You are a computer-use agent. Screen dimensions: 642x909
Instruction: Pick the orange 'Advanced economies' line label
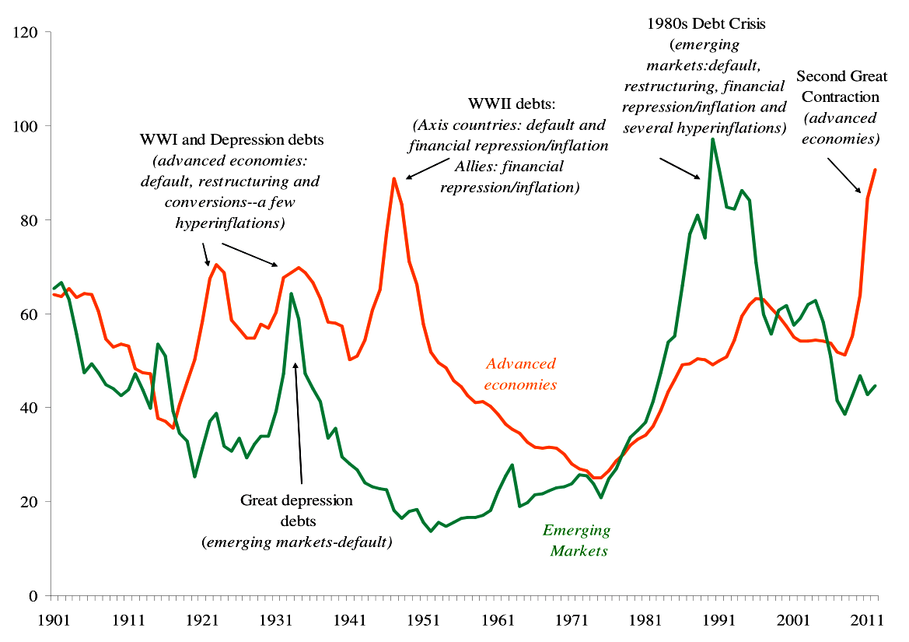520,374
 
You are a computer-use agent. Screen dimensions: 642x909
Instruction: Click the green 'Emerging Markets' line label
576,541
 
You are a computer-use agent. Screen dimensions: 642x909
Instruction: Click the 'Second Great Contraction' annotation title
837,87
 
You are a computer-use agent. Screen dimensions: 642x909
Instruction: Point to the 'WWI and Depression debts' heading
231,141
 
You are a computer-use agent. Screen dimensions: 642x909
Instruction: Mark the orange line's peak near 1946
394,178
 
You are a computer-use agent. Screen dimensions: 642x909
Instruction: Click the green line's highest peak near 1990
712,139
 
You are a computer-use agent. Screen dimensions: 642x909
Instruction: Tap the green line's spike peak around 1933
291,293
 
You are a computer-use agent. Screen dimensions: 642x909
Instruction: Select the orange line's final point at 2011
876,170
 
